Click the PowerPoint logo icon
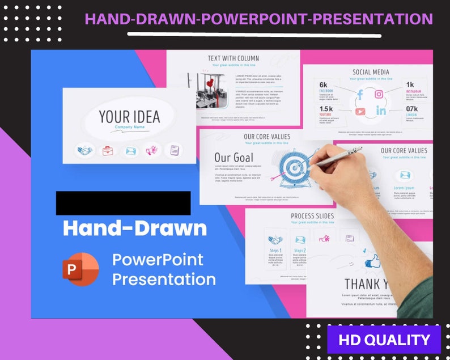[80, 269]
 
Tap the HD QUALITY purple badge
[384, 340]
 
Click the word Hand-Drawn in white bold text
[134, 228]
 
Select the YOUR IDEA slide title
[129, 117]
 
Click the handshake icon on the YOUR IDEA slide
[86, 151]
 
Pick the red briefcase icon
[108, 151]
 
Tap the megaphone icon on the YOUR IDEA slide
[152, 151]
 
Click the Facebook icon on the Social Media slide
[359, 95]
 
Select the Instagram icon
[379, 94]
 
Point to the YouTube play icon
[360, 111]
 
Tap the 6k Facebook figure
[324, 84]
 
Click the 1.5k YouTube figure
[326, 108]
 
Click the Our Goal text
[234, 158]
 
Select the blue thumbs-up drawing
[372, 261]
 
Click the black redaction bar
[123, 203]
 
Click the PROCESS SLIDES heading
[312, 216]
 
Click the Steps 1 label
[276, 250]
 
